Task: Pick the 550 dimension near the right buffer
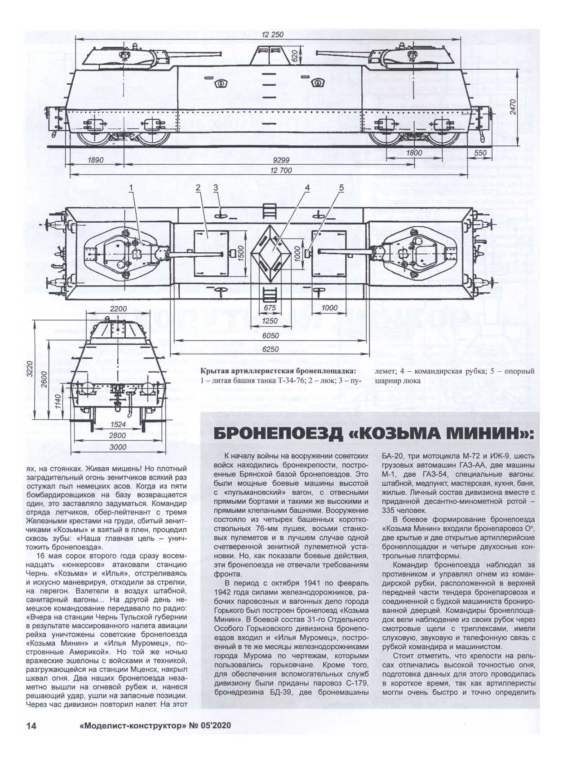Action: [x=480, y=153]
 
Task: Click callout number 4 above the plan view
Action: [x=307, y=187]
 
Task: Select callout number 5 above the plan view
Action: [x=342, y=187]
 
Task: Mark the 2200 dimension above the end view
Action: [x=118, y=309]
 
